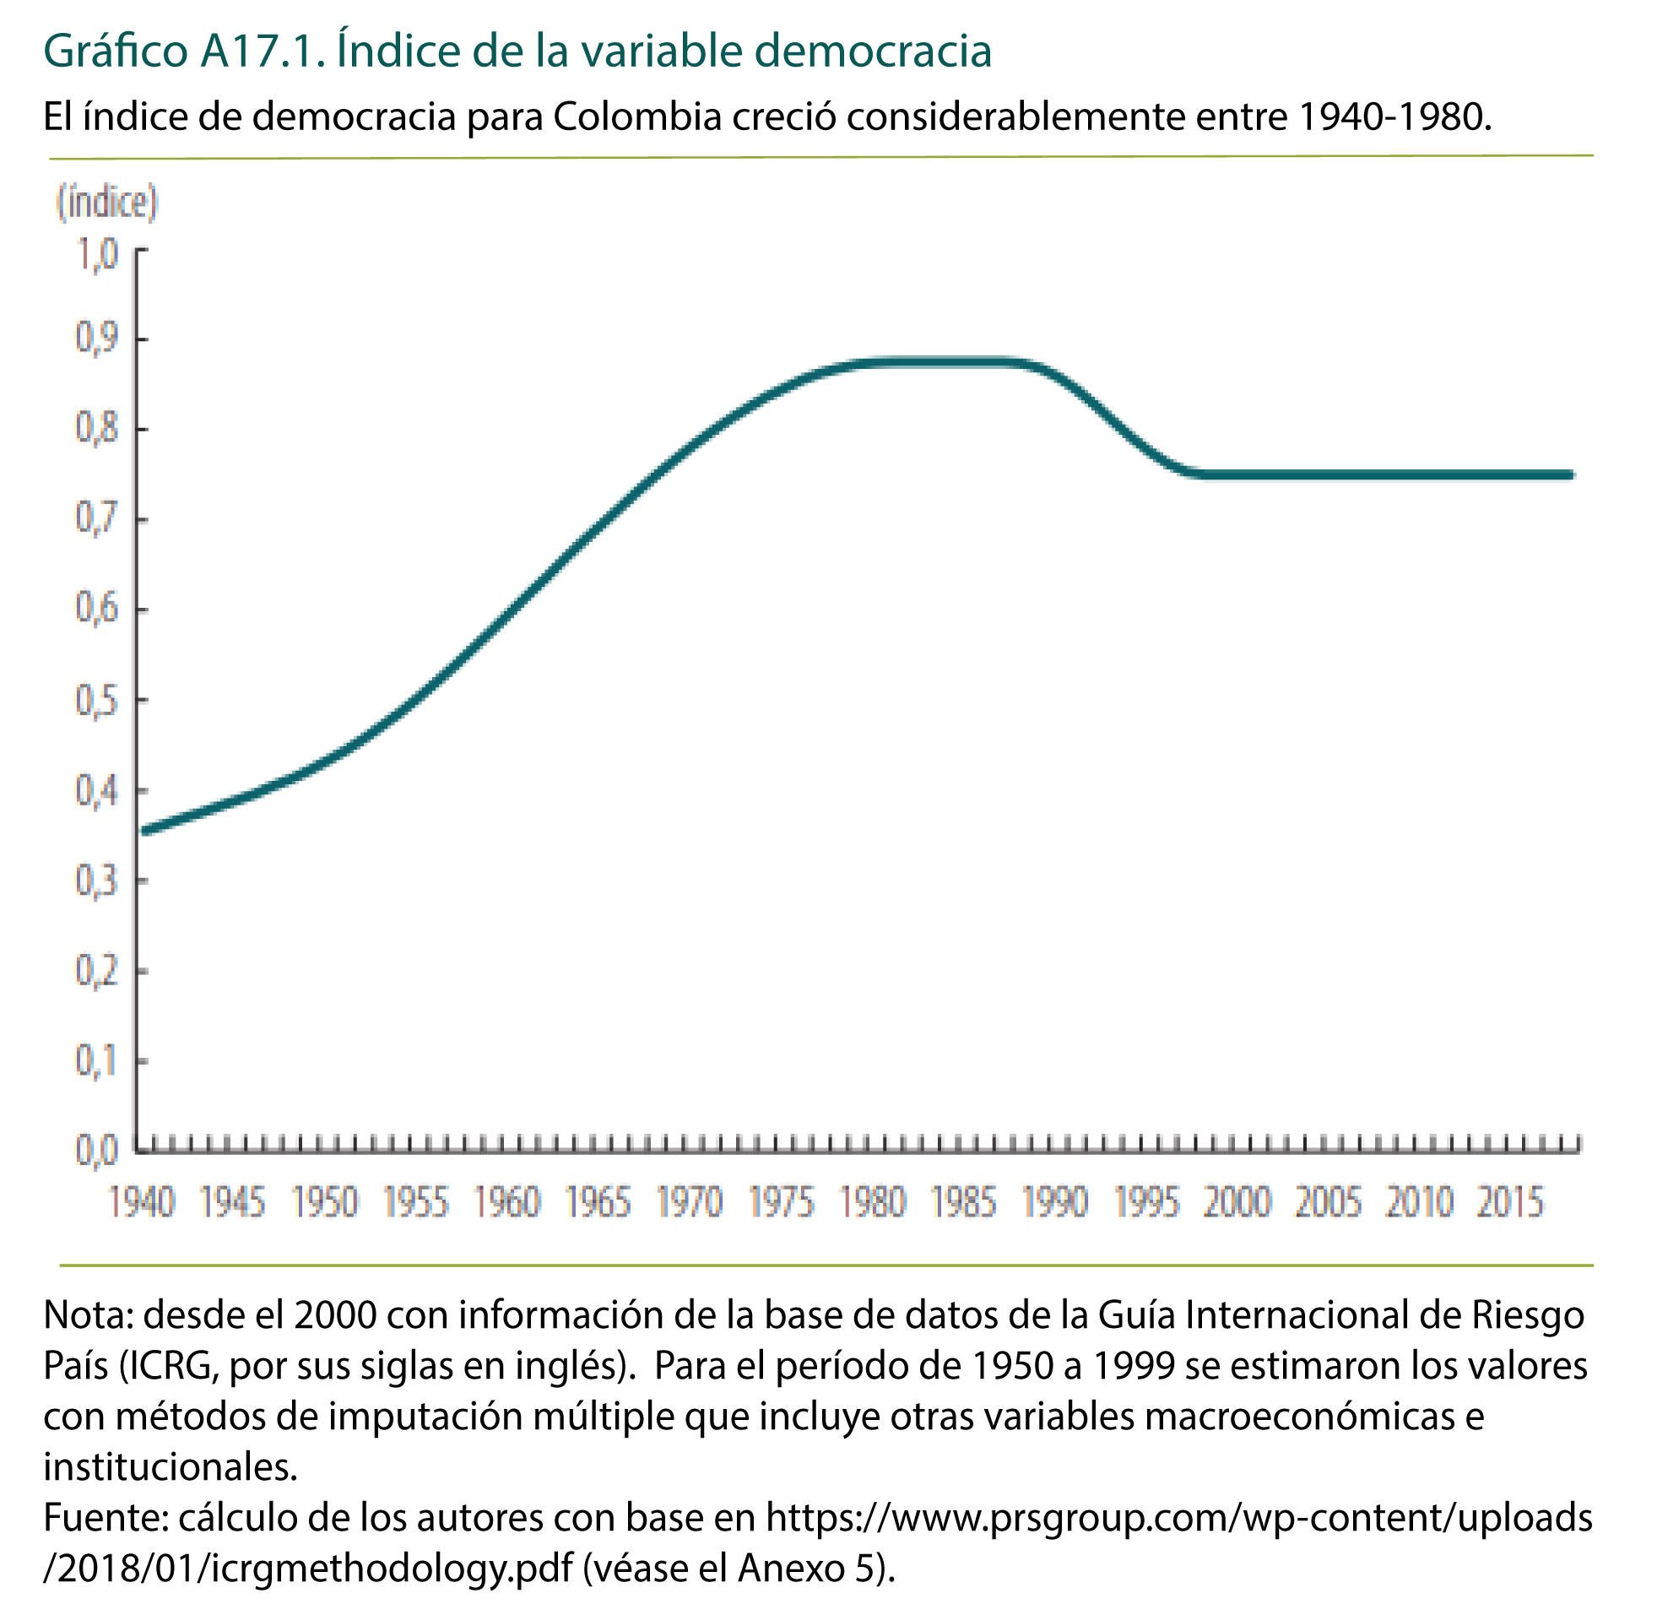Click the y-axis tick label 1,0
point(98,254)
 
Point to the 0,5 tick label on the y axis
point(98,702)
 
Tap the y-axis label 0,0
point(98,1151)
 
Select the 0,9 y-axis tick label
point(98,340)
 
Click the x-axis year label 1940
point(142,1203)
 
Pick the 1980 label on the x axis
point(873,1203)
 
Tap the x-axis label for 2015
point(1510,1203)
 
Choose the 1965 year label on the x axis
point(598,1203)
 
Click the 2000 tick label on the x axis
point(1237,1203)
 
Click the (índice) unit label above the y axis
point(107,203)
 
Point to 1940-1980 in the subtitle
point(1394,117)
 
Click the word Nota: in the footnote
point(89,1314)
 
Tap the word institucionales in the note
point(170,1466)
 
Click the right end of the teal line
point(1571,475)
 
